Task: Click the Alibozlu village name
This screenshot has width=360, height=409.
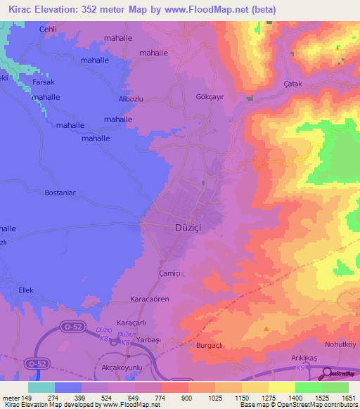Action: tap(131, 99)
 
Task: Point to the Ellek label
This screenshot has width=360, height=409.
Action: tap(26, 290)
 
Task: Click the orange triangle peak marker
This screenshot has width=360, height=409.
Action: tap(266, 328)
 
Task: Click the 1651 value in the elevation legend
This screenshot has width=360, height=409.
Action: tap(348, 398)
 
